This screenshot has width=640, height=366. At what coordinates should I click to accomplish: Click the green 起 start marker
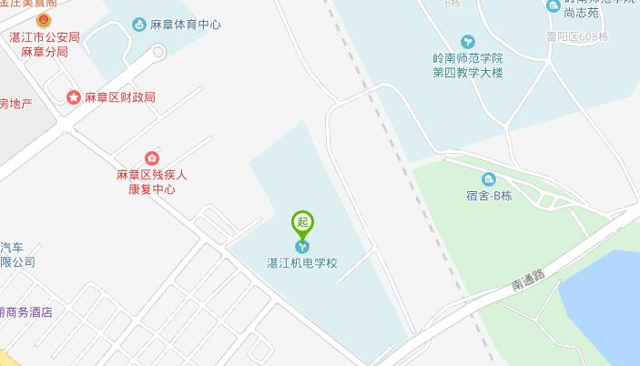point(302,221)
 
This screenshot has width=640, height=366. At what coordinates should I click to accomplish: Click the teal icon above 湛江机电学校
point(302,246)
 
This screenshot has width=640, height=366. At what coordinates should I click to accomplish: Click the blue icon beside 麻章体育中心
point(138,25)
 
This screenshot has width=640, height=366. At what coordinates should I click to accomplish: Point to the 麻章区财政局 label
point(120,97)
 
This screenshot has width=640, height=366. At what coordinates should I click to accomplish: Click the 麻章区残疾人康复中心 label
point(151,182)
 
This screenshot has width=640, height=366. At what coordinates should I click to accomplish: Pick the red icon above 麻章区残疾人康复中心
point(151,158)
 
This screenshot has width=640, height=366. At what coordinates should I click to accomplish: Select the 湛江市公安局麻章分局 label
point(43,44)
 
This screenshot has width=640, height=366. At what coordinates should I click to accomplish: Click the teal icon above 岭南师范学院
point(468,41)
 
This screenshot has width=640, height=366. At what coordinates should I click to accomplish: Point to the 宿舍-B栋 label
point(490,197)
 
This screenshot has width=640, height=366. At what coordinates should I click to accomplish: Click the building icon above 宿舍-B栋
point(489,179)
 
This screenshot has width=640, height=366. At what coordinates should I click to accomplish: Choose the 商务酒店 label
point(26,312)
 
